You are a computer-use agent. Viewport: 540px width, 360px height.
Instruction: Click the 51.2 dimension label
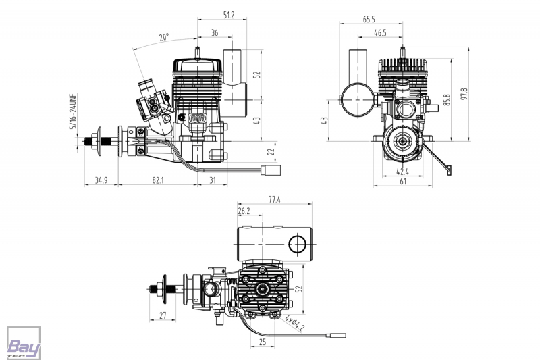click(229, 15)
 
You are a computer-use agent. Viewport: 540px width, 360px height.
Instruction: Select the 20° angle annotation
click(164, 37)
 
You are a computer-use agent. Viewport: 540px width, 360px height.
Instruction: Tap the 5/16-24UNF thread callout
click(74, 111)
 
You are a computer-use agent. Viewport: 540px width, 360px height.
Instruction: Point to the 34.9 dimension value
click(101, 180)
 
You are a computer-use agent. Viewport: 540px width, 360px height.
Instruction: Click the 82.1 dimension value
click(158, 180)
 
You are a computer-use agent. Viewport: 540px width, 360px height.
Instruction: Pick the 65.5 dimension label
click(369, 20)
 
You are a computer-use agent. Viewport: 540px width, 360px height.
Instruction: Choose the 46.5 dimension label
click(380, 32)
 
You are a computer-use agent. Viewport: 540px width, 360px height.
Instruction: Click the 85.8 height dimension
click(447, 100)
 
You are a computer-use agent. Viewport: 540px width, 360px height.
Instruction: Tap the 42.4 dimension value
click(402, 171)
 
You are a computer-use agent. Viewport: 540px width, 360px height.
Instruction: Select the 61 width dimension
click(402, 182)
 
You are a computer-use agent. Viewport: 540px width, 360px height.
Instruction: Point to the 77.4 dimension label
click(275, 199)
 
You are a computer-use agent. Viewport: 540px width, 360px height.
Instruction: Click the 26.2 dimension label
click(244, 211)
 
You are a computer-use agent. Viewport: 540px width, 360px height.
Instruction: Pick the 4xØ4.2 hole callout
click(294, 323)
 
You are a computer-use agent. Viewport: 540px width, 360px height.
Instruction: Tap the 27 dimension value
click(163, 315)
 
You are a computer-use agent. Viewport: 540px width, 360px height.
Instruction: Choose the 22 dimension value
click(271, 151)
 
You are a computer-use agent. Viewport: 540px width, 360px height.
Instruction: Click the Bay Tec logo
click(24, 343)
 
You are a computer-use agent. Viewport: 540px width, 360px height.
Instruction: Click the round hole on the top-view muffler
click(297, 245)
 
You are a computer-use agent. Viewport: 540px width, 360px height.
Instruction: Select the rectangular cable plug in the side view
click(271, 170)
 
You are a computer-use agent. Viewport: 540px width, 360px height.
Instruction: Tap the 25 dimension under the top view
click(263, 342)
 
